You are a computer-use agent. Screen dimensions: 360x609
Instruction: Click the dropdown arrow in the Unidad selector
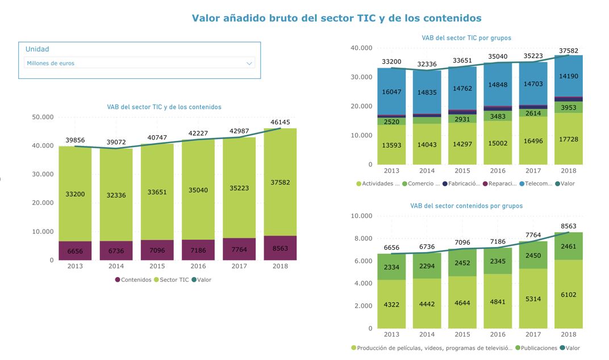pos(249,64)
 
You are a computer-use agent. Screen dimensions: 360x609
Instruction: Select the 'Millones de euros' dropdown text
pos(51,64)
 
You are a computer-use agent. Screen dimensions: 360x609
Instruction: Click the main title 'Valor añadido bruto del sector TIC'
pos(336,18)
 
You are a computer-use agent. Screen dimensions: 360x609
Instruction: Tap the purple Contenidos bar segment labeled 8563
pos(280,248)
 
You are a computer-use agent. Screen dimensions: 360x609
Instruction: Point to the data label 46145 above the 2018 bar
pos(280,122)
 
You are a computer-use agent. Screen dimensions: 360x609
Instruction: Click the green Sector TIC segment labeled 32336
pos(116,195)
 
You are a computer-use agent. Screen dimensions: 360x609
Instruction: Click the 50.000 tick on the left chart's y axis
pos(43,118)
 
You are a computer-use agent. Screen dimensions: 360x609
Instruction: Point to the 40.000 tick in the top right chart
pos(361,48)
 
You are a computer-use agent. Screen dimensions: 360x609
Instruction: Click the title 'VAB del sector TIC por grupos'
pos(466,38)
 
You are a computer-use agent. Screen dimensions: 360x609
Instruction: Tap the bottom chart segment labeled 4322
pos(391,304)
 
